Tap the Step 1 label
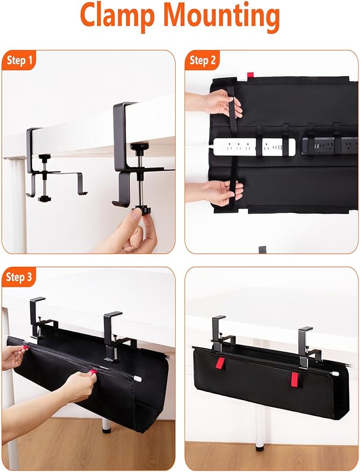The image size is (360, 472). click(19, 60)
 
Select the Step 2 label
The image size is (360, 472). click(203, 60)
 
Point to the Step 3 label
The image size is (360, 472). click(19, 277)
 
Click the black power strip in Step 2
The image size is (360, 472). click(330, 146)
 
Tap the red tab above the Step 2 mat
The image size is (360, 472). click(250, 75)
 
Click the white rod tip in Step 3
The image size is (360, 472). click(138, 379)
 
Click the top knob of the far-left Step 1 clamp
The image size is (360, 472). click(45, 156)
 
